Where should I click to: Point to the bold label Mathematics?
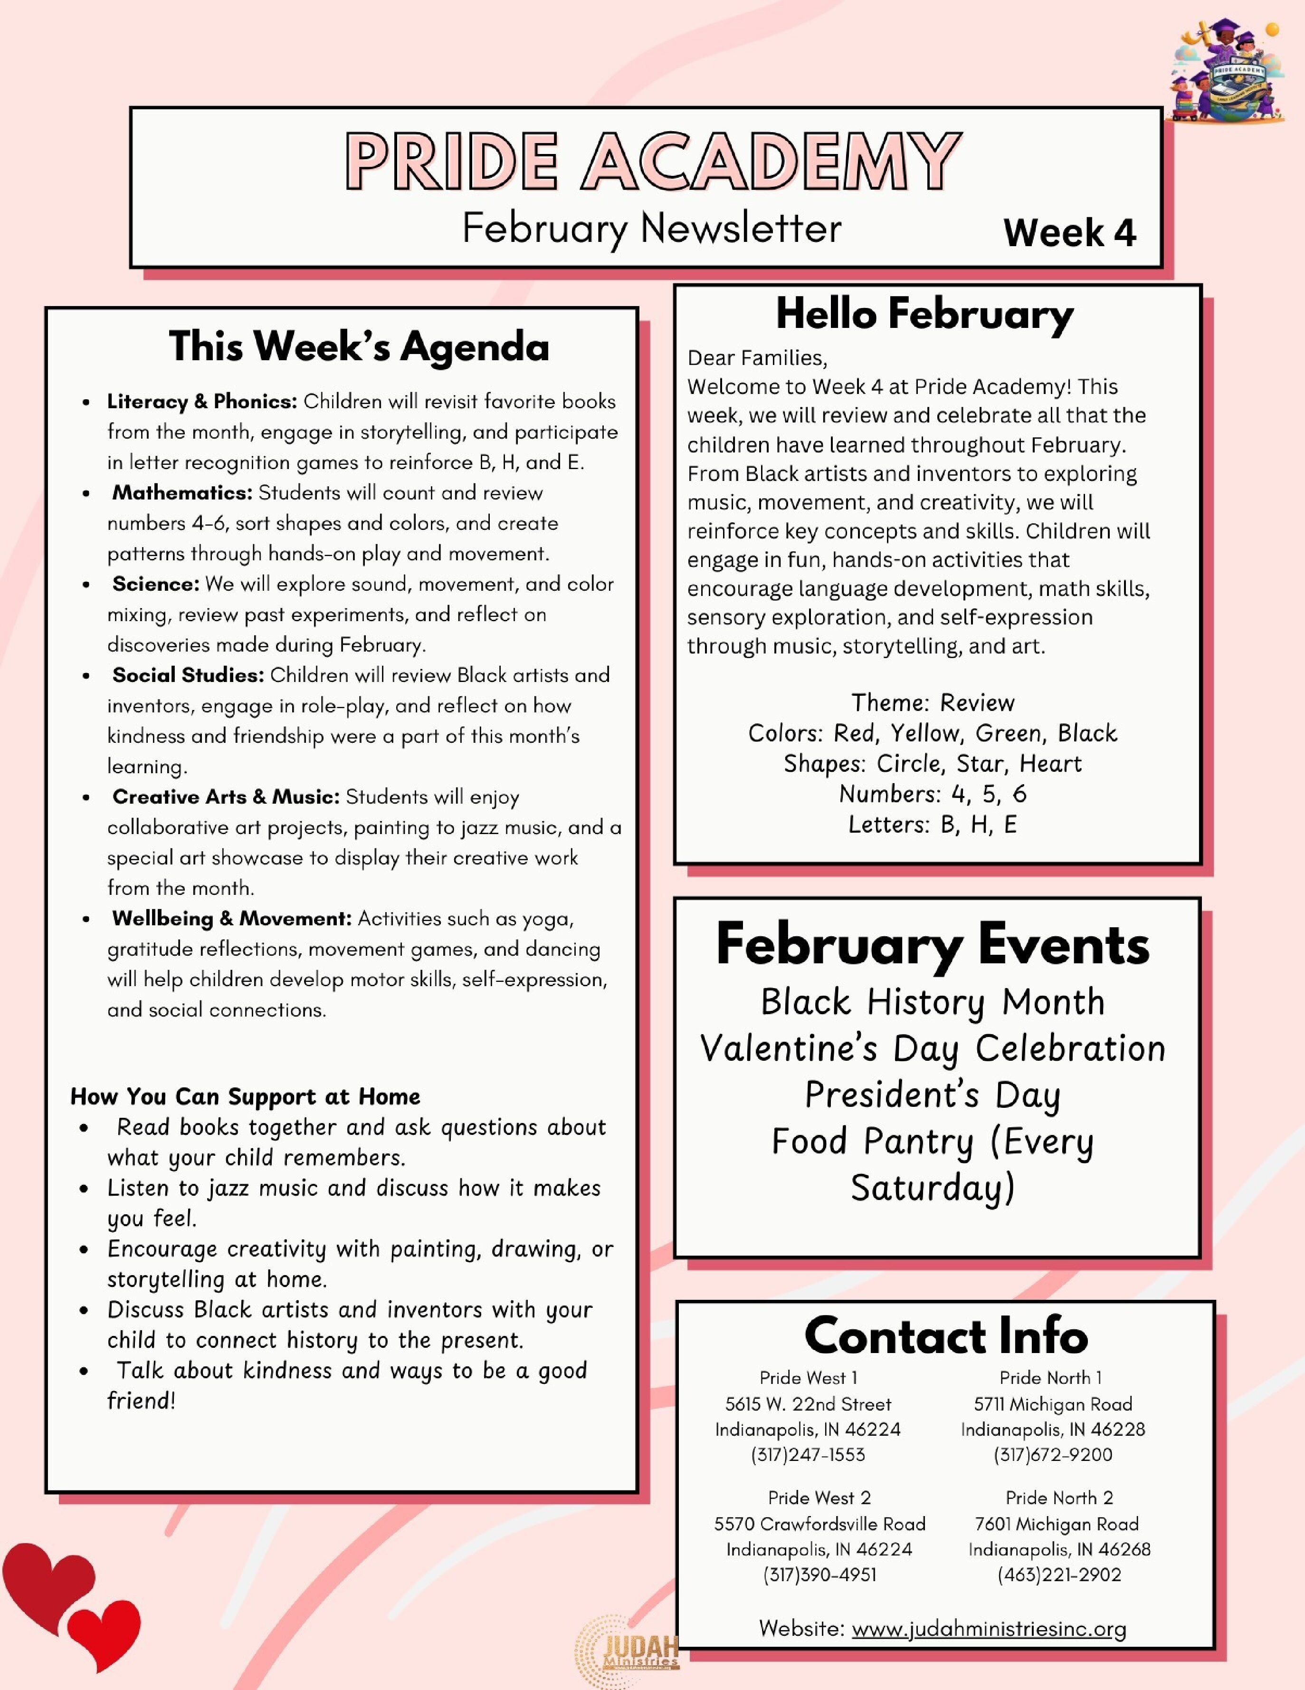tap(182, 493)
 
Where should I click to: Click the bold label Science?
tap(155, 584)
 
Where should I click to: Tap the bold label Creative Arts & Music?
tap(226, 797)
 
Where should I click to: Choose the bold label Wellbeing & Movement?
tap(231, 919)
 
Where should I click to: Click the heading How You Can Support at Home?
tap(245, 1096)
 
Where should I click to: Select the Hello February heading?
tap(924, 314)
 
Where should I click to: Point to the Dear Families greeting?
tap(757, 357)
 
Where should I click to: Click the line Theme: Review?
tap(932, 702)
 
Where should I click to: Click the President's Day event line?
tap(932, 1095)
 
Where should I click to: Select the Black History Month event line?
tap(932, 1002)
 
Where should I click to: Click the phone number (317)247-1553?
tap(808, 1455)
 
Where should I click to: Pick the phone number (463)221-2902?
tap(1059, 1575)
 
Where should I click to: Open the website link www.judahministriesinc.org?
tap(989, 1629)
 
